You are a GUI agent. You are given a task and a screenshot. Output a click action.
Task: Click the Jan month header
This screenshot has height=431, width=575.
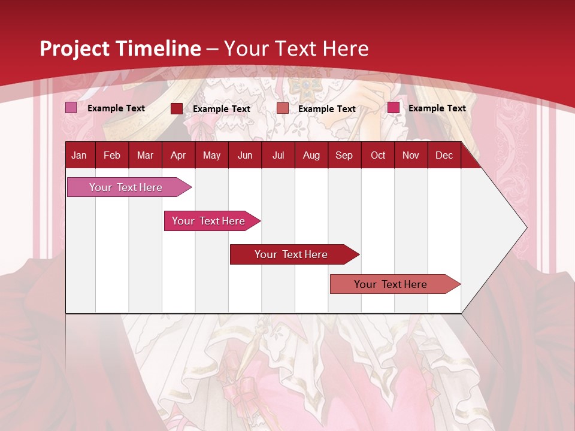pos(79,156)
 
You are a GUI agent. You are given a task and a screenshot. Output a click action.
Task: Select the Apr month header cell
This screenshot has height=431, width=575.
pos(178,156)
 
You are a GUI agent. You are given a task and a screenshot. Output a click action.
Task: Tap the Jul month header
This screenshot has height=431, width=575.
pos(278,156)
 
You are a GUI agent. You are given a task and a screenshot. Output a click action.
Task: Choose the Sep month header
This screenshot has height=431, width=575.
pos(344,156)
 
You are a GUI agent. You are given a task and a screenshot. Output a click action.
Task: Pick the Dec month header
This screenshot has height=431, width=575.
pos(444,156)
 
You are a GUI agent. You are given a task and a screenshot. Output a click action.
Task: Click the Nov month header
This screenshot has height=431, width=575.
pos(410,156)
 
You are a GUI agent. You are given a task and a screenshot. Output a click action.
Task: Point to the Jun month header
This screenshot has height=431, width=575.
pos(244,156)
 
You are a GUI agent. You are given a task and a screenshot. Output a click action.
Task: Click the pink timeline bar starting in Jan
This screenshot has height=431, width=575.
pos(126,187)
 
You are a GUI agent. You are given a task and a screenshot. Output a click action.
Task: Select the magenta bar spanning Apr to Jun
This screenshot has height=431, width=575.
pos(208,221)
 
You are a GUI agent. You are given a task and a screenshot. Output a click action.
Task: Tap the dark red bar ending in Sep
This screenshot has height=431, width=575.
pos(291,254)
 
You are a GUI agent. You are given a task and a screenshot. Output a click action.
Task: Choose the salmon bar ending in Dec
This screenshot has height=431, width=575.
pos(391,284)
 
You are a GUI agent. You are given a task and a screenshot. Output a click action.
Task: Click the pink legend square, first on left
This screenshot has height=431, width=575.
pos(71,108)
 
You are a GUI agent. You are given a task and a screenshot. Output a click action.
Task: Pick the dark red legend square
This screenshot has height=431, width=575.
pos(176,108)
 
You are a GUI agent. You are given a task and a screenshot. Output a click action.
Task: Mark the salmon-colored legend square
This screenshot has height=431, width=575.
pos(282,108)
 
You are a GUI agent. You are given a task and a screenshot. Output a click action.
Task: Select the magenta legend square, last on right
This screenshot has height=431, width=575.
pos(393,108)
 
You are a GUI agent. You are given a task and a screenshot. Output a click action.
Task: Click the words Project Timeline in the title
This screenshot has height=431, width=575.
pos(120,48)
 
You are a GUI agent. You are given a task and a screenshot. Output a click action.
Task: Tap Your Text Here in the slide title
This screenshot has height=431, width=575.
pos(296,48)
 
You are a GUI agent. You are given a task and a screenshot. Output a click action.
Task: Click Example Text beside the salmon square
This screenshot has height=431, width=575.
pos(326,109)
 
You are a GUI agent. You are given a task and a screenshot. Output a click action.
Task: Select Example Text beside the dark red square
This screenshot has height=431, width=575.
pos(221,109)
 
